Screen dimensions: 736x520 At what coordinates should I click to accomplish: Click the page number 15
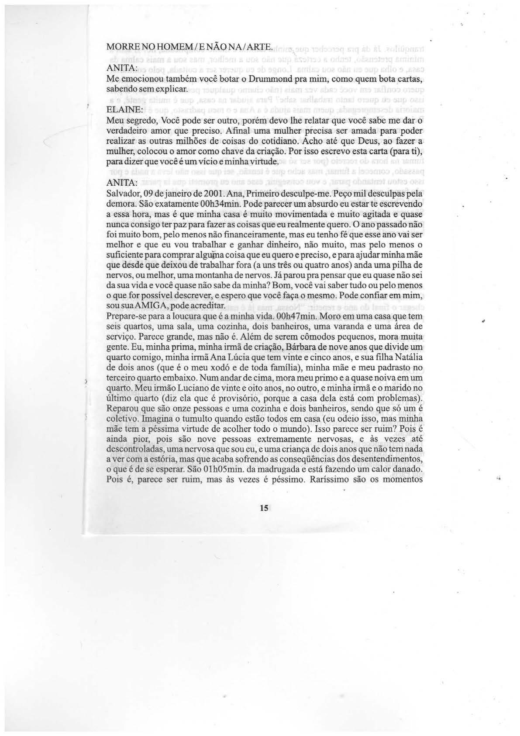264,508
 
